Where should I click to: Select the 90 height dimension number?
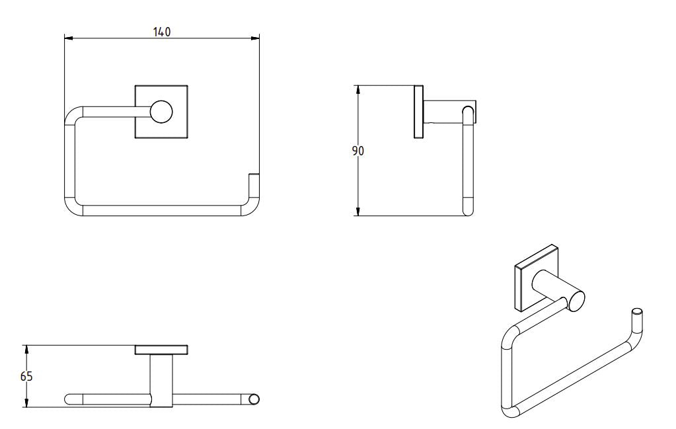(357, 151)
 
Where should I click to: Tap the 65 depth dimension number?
(26, 377)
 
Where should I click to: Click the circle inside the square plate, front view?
(161, 112)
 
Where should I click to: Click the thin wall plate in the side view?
(418, 112)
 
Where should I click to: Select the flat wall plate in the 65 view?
(161, 350)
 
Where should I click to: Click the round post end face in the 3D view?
(575, 301)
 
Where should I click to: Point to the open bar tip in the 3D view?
(637, 311)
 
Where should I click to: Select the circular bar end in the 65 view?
(253, 399)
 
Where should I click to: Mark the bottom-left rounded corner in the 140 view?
(72, 208)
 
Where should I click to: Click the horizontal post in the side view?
(443, 112)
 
